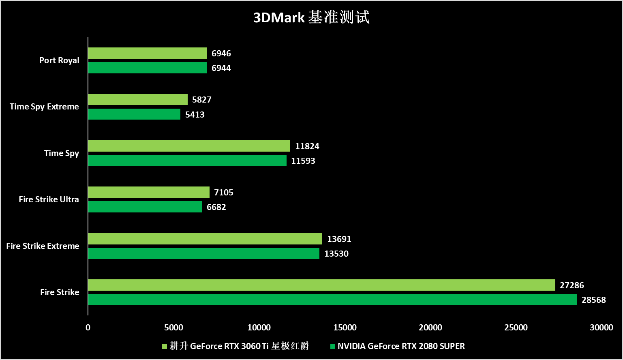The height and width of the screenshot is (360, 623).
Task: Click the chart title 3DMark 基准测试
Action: click(311, 17)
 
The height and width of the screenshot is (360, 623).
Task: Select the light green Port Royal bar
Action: click(147, 53)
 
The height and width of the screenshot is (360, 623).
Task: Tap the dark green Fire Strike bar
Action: click(332, 300)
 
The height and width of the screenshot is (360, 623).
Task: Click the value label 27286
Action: click(572, 285)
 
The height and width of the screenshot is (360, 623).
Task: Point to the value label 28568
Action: click(593, 300)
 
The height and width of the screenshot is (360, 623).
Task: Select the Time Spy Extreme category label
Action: click(44, 107)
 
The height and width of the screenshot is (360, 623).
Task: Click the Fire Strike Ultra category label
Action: click(49, 199)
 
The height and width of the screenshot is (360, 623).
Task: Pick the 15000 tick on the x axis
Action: click(345, 328)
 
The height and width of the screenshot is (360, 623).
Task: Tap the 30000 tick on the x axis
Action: click(601, 328)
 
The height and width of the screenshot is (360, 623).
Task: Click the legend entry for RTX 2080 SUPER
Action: click(397, 346)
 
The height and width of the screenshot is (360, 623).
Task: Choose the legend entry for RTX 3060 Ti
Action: click(235, 346)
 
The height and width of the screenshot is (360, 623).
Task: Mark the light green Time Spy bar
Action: click(189, 146)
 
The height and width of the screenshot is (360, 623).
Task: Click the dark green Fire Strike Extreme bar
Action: click(203, 253)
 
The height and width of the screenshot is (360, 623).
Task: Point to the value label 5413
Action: click(195, 115)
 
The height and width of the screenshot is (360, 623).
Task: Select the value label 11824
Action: click(307, 146)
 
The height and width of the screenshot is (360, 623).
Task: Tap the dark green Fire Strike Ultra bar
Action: click(145, 207)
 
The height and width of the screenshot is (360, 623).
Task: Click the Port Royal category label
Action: click(59, 60)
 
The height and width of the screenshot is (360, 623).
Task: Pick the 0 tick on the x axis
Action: click(88, 328)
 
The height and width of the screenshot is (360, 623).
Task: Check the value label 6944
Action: click(221, 68)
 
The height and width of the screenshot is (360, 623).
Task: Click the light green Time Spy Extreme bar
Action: click(138, 99)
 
